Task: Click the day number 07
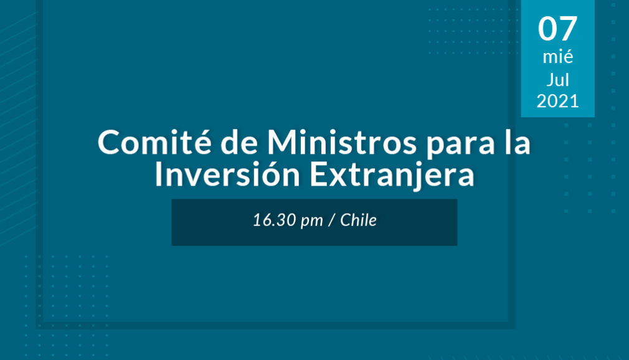pos(557,29)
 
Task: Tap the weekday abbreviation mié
pos(557,57)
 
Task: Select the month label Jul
pos(557,79)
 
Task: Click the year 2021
pos(557,101)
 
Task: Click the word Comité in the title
pos(154,142)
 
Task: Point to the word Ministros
pos(342,143)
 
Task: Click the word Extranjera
pos(392,177)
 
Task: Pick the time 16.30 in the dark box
pos(275,220)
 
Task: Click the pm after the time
pos(311,222)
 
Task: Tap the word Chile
pos(358,220)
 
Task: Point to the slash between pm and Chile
pos(331,220)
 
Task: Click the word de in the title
pos(239,143)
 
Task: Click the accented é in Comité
pos(201,142)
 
